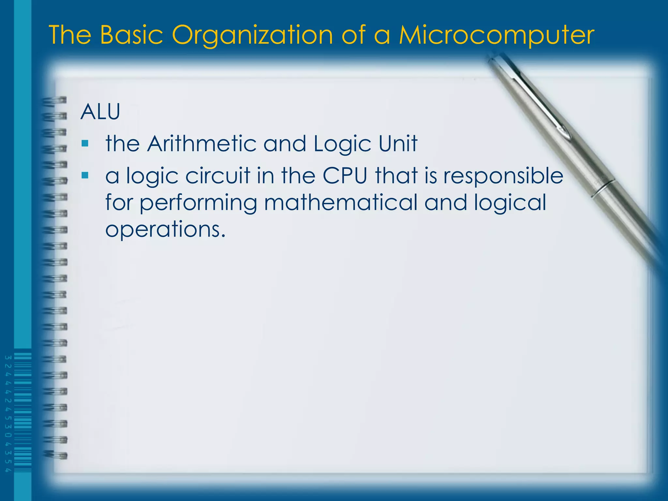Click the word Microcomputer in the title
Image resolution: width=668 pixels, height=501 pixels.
click(x=496, y=35)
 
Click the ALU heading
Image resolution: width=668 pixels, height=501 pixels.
click(x=100, y=112)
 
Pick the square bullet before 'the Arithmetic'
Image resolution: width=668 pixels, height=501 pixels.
click(x=85, y=143)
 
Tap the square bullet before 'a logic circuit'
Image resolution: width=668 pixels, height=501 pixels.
click(x=85, y=175)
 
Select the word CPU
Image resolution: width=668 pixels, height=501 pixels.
click(x=345, y=176)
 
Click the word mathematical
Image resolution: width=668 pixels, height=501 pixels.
click(x=341, y=203)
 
